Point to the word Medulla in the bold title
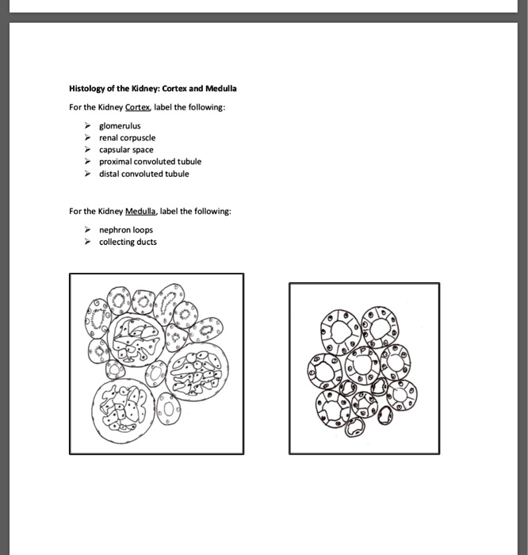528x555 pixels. tap(222, 89)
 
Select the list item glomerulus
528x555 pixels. tap(120, 126)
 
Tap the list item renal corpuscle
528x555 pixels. tap(127, 138)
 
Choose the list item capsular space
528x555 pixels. tap(126, 150)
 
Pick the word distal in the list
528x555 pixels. tap(109, 174)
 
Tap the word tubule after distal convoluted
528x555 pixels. tap(178, 174)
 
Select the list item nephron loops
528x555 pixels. tap(125, 231)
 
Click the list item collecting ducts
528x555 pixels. tap(128, 243)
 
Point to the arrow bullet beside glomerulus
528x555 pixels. tap(88, 126)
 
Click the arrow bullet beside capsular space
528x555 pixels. tap(88, 150)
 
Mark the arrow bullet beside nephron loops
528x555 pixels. tap(88, 231)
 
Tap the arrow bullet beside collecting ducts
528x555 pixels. tap(88, 243)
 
